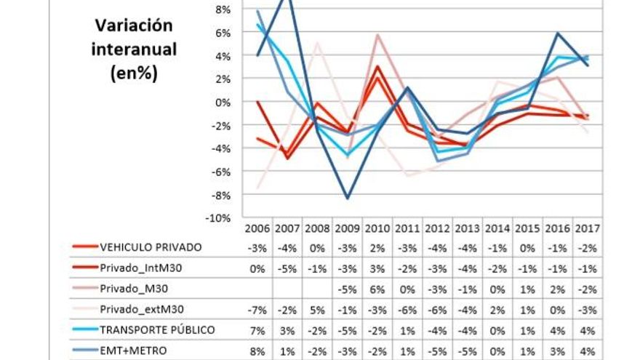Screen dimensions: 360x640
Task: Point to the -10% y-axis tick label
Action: click(x=219, y=218)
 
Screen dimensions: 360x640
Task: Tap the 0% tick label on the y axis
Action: click(x=223, y=103)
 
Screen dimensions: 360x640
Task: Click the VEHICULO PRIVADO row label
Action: click(x=151, y=247)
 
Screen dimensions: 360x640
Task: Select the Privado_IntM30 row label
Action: click(x=140, y=268)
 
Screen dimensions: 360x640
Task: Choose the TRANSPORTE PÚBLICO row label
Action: click(x=157, y=329)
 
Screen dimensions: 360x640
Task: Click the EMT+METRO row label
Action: click(x=133, y=351)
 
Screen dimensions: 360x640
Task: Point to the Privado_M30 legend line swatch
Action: click(x=85, y=289)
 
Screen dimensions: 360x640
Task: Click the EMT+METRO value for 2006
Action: click(x=258, y=351)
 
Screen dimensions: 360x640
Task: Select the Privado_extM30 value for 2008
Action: click(x=318, y=309)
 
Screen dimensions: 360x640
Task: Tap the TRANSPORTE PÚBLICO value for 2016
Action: click(x=558, y=330)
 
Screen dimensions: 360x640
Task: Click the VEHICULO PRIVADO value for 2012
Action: click(x=438, y=247)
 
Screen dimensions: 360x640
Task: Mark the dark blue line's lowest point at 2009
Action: click(x=348, y=198)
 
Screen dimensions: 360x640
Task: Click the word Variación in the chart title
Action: click(x=134, y=25)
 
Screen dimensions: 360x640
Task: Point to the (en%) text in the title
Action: click(x=134, y=73)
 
